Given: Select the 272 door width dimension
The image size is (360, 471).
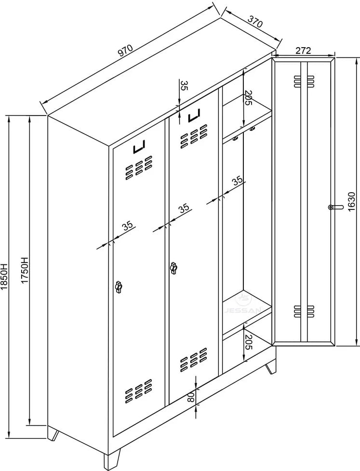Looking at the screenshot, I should click(x=303, y=50).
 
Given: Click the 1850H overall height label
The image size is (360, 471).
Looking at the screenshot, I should click(x=4, y=276).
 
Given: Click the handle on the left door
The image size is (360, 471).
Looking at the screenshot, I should click(x=119, y=287).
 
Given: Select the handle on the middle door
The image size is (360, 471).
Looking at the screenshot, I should click(x=173, y=268).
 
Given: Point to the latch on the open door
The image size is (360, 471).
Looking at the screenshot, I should click(x=335, y=207).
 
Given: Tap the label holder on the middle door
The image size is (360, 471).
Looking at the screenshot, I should click(x=194, y=116).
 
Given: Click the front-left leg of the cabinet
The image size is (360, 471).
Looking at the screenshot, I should click(x=111, y=459).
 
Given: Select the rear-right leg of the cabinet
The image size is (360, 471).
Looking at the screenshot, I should click(x=270, y=368).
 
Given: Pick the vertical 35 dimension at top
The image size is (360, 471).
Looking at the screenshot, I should click(x=184, y=86).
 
